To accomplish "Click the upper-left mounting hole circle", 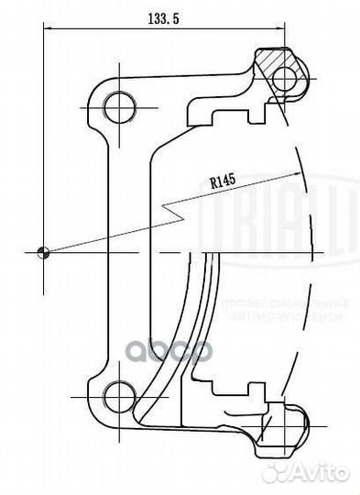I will point(117,108).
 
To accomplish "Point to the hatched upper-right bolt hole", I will point(285,77).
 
